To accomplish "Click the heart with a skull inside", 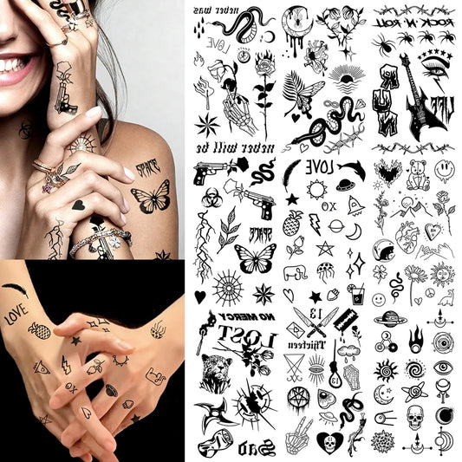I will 329,443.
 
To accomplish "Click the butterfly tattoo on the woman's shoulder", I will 151,198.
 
